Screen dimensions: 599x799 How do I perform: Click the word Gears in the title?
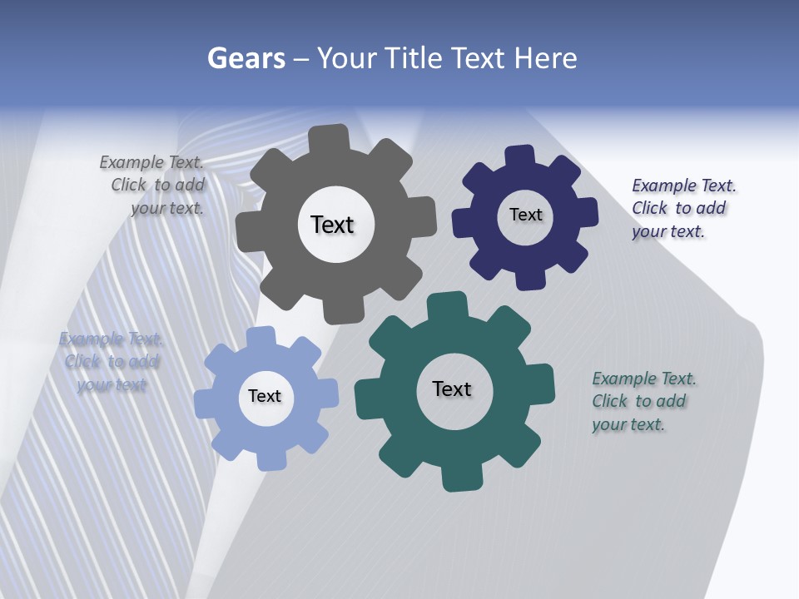point(246,59)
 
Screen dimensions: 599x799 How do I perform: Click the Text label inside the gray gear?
point(332,225)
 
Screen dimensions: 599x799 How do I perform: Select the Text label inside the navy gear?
point(525,215)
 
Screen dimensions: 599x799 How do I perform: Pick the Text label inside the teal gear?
point(452,389)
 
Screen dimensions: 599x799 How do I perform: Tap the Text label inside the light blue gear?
point(265,396)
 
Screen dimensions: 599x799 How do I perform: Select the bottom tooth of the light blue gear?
point(271,459)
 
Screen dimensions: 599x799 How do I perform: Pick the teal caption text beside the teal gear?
point(641,401)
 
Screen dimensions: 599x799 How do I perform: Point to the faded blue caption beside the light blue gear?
point(111,362)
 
